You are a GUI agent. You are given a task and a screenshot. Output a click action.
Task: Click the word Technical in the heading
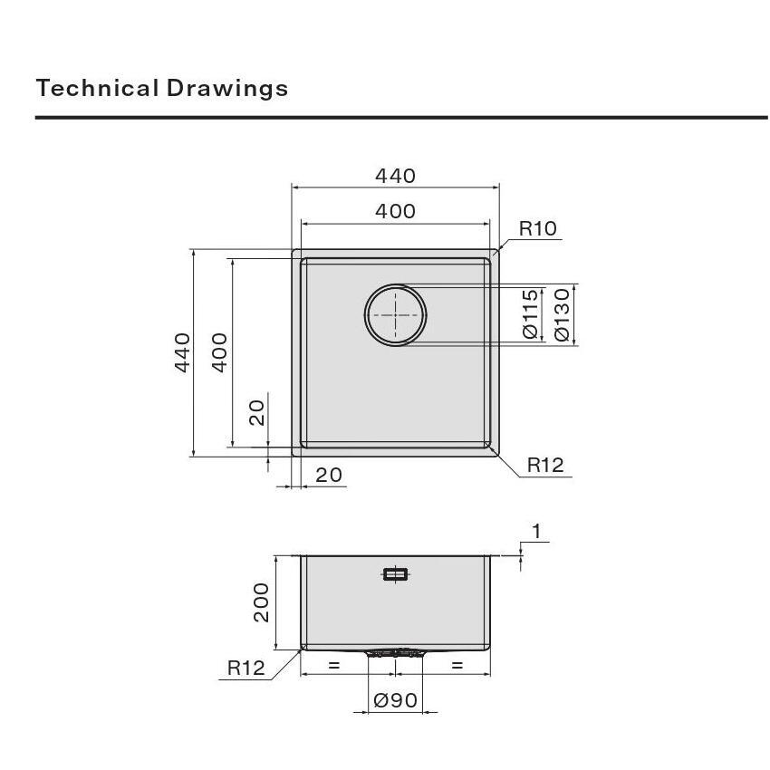pos(97,89)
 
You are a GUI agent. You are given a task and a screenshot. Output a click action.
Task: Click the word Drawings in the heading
pos(226,90)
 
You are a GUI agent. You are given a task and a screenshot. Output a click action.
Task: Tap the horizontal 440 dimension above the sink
pos(395,176)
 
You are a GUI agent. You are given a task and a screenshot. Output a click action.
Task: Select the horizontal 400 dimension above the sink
pos(395,211)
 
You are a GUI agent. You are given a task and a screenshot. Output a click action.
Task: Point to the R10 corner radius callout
pos(538,228)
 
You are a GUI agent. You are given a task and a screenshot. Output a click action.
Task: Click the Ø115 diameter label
pos(530,314)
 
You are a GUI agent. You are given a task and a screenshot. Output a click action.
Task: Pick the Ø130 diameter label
pos(562,314)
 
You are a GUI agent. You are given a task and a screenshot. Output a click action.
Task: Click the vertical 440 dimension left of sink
pos(182,352)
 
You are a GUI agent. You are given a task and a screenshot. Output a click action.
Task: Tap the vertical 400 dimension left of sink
pos(219,352)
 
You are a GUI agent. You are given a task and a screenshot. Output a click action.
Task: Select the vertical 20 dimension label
pos(256,412)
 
